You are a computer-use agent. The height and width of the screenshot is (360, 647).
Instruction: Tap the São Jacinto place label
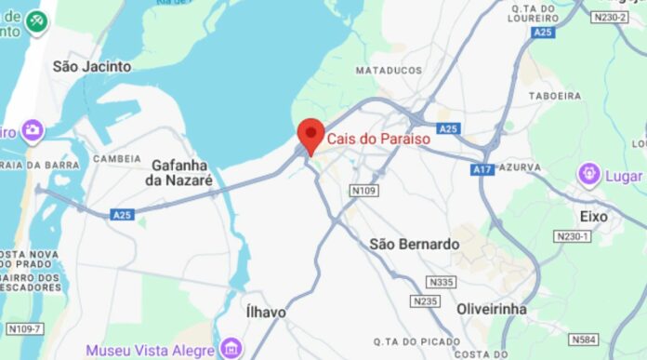tap(92, 66)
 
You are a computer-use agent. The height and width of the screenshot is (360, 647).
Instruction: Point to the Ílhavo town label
tap(266, 312)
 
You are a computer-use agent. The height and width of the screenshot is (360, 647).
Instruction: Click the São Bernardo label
tap(415, 244)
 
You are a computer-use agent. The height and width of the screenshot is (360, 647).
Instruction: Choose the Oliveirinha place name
tap(492, 308)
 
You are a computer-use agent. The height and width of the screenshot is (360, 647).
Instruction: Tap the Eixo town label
tap(593, 217)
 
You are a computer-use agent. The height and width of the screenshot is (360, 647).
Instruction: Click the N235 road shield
tap(426, 301)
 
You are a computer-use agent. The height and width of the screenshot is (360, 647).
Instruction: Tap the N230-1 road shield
tap(600, 236)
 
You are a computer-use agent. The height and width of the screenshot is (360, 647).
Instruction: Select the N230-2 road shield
tap(609, 16)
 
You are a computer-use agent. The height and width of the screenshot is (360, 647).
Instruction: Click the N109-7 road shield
tap(23, 328)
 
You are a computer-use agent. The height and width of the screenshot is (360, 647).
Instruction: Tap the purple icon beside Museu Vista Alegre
tap(231, 350)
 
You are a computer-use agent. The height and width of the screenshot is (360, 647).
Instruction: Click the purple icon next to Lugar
tap(588, 173)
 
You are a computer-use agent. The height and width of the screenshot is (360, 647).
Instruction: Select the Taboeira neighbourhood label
tap(554, 95)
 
